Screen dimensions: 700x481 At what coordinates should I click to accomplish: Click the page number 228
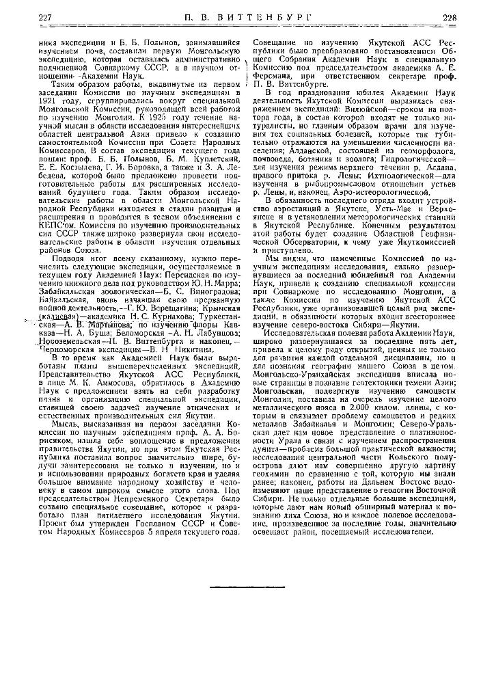(x=449, y=17)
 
